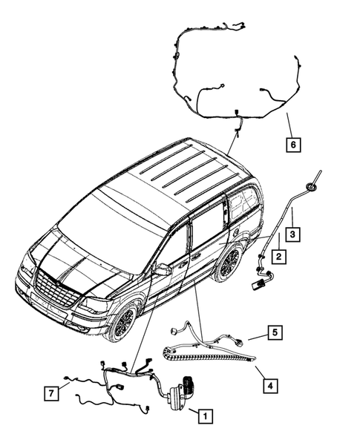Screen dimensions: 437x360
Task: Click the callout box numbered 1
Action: pyautogui.click(x=203, y=418)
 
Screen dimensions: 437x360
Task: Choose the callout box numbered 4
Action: pyautogui.click(x=271, y=385)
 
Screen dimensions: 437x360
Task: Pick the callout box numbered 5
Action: pyautogui.click(x=274, y=333)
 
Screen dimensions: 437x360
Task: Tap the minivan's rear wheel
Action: pyautogui.click(x=229, y=264)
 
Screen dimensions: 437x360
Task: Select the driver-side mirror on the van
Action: pyautogui.click(x=161, y=269)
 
